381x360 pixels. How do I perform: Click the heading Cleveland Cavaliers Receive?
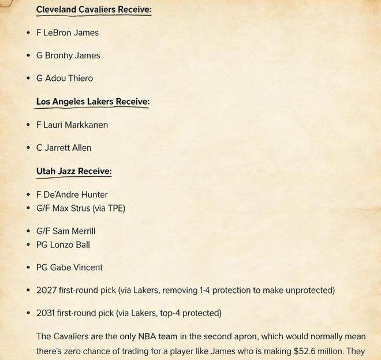94,9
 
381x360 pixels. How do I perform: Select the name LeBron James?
71,33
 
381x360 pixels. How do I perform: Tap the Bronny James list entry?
72,55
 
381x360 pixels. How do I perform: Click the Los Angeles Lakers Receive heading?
92,102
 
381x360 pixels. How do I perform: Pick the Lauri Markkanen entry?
76,125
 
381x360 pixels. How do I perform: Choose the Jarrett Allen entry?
68,147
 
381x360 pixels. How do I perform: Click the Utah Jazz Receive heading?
74,171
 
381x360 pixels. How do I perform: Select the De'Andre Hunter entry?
76,195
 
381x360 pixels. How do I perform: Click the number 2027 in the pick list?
47,290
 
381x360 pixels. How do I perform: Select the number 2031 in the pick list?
47,313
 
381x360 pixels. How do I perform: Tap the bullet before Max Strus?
28,208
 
